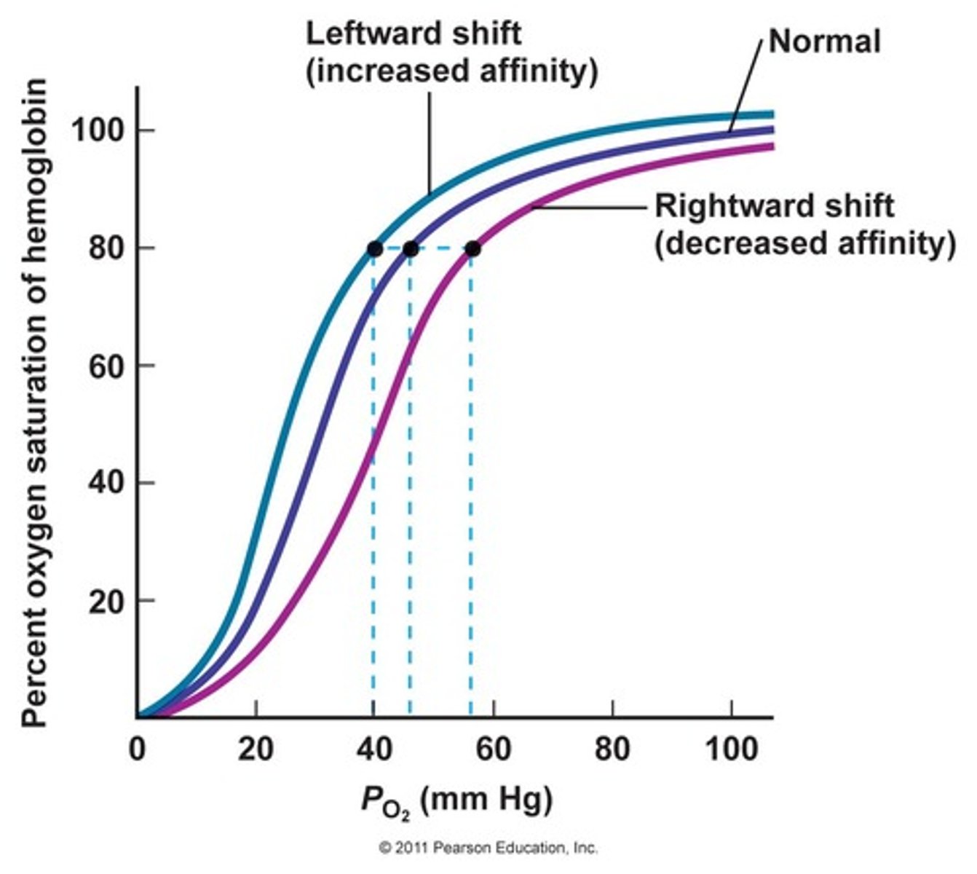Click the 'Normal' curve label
(824, 41)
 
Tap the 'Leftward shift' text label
(413, 34)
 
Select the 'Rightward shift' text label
(774, 206)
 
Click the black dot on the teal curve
(374, 249)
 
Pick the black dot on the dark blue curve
(411, 249)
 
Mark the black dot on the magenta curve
(472, 249)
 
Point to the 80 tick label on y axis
(106, 249)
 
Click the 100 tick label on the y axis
(99, 131)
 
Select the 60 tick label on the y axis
(106, 366)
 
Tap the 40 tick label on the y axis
(106, 484)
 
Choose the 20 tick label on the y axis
(106, 601)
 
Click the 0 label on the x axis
(137, 749)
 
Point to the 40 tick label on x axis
(374, 749)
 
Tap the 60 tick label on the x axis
(493, 749)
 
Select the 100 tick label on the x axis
(730, 749)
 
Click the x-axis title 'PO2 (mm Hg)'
(456, 801)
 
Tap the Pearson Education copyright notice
(488, 849)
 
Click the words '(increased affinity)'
(451, 71)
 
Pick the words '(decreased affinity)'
(804, 244)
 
